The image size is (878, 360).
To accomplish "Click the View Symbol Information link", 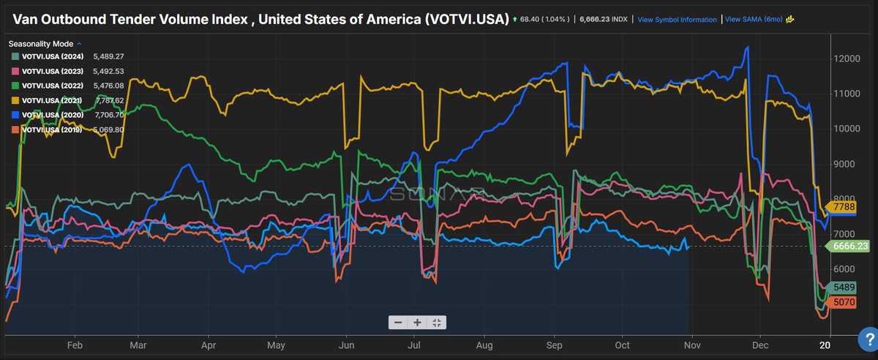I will (x=677, y=20).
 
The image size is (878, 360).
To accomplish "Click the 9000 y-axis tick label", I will (x=846, y=164).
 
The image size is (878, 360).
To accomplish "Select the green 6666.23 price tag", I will (x=850, y=247).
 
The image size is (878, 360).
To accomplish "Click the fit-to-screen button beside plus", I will (x=436, y=322).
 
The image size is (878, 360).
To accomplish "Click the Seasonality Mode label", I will (x=42, y=43).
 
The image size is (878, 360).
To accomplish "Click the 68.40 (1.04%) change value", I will (x=542, y=20).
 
